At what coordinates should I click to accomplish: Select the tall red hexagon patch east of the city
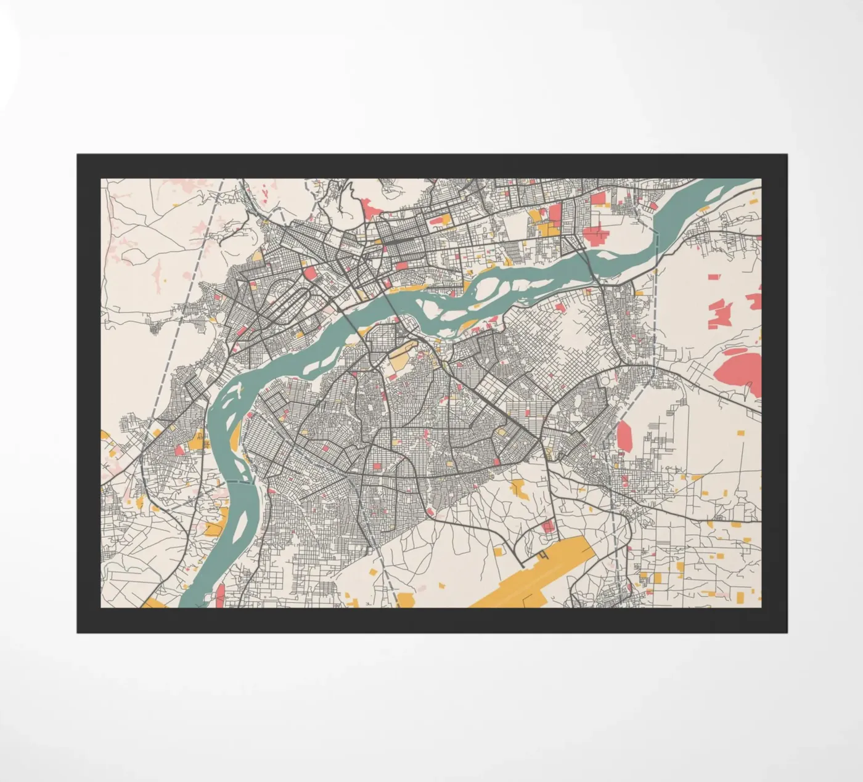pyautogui.click(x=624, y=436)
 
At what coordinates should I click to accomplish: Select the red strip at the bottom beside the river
pyautogui.click(x=220, y=595)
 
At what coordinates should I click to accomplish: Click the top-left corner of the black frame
pyautogui.click(x=78, y=155)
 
